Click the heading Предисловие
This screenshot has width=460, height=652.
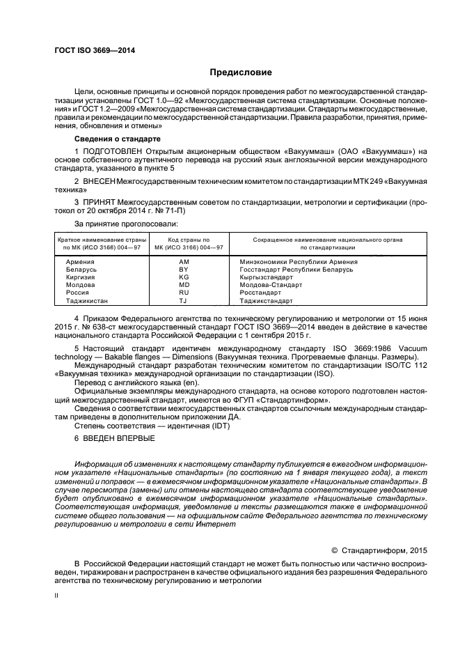click(x=241, y=72)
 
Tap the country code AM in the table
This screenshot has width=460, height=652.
click(x=184, y=262)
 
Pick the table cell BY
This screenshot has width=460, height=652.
click(x=184, y=270)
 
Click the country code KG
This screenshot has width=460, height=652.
click(x=184, y=277)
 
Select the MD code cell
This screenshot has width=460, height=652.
click(x=184, y=285)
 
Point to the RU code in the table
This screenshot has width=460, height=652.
click(x=184, y=293)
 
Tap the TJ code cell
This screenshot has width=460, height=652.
click(x=184, y=301)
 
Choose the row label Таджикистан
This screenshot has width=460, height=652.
click(x=87, y=301)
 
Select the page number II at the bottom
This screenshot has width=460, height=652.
click(x=57, y=596)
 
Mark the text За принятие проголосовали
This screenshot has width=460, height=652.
click(x=116, y=224)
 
